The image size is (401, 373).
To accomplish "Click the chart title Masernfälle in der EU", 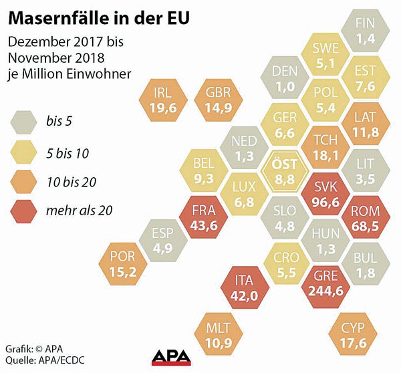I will [x=97, y=15].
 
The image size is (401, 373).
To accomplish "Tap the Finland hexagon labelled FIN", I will [x=365, y=31].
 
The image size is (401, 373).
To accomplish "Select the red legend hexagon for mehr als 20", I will [x=25, y=211].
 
